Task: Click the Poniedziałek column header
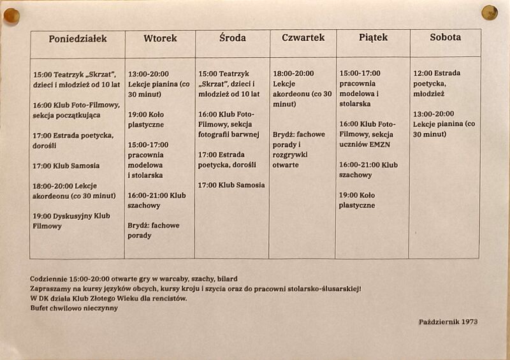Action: point(77,39)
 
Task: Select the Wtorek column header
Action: point(160,39)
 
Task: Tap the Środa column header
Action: point(232,38)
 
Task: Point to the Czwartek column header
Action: point(303,38)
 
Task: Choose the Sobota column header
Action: point(445,38)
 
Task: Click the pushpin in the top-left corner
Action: point(11,15)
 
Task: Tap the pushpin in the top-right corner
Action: point(490,12)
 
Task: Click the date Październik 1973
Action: point(448,322)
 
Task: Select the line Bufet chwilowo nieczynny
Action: point(74,308)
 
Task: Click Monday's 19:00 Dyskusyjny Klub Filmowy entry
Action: point(71,221)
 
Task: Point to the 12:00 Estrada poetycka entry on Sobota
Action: point(437,83)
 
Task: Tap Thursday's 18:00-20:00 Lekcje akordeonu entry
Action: point(302,89)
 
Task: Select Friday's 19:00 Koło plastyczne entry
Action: point(357,200)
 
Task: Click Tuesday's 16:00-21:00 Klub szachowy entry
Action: point(157,201)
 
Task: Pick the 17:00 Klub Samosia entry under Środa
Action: point(231,185)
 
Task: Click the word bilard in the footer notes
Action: point(226,278)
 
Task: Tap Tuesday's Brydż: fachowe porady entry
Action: point(154,230)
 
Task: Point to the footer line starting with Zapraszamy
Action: point(195,289)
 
